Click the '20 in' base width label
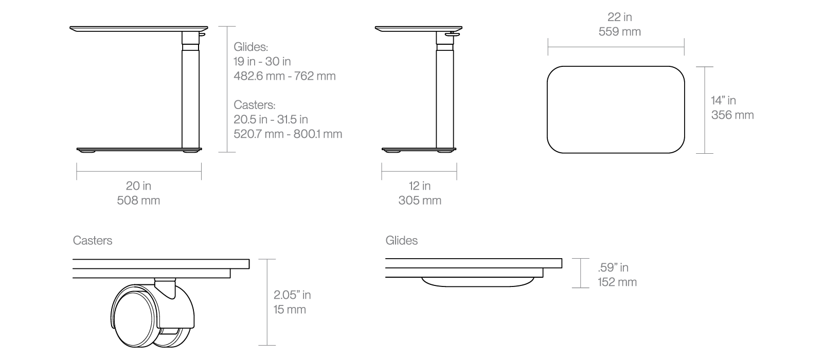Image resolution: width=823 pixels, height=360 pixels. pyautogui.click(x=138, y=186)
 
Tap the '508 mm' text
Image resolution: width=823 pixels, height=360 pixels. pyautogui.click(x=138, y=200)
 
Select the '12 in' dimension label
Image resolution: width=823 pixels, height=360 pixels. pyautogui.click(x=420, y=186)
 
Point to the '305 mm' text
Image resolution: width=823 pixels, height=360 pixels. pyautogui.click(x=420, y=200)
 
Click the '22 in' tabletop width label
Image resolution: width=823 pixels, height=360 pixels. pyautogui.click(x=619, y=17)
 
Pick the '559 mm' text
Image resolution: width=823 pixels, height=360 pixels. pyautogui.click(x=619, y=31)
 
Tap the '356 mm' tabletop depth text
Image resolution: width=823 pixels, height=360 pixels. pyautogui.click(x=732, y=115)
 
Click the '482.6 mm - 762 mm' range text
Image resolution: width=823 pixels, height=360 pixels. pyautogui.click(x=284, y=76)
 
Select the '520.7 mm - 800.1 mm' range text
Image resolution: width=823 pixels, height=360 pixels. pyautogui.click(x=288, y=134)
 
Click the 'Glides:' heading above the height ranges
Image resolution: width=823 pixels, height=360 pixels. pyautogui.click(x=251, y=47)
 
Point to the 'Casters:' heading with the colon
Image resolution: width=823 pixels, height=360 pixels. pyautogui.click(x=254, y=105)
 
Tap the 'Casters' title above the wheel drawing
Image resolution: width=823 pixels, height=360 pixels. pyautogui.click(x=93, y=240)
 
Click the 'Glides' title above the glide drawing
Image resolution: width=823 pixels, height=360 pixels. pyautogui.click(x=401, y=240)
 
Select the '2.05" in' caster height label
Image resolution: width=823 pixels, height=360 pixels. pyautogui.click(x=292, y=295)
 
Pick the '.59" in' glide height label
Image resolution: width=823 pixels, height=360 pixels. pyautogui.click(x=613, y=267)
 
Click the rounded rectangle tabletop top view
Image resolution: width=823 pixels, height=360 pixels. pyautogui.click(x=616, y=109)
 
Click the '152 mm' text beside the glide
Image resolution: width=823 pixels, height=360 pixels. pyautogui.click(x=617, y=282)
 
